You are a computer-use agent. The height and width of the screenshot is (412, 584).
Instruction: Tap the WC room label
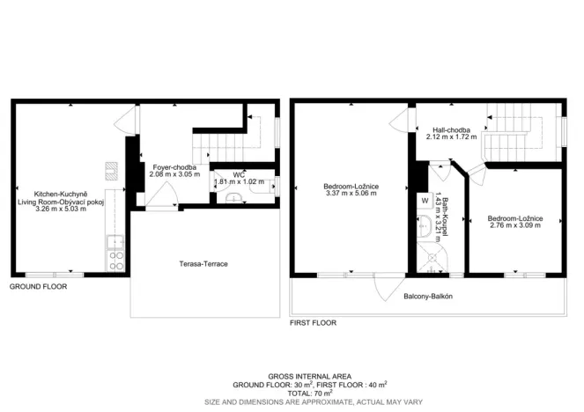tap(238, 174)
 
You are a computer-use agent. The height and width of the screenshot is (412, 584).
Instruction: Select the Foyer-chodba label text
tap(174, 167)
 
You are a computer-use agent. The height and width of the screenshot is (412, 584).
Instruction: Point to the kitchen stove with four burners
tap(115, 259)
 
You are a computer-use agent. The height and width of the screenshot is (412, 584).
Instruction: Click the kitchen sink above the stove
tap(112, 240)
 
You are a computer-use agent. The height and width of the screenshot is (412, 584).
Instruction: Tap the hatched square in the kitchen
tap(111, 170)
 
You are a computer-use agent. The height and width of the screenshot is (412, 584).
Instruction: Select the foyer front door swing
tap(160, 202)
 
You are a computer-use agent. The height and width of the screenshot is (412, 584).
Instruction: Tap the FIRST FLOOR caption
tap(314, 324)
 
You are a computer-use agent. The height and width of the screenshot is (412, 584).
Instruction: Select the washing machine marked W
tap(425, 200)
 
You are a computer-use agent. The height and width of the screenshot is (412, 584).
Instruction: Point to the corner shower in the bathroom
tap(431, 257)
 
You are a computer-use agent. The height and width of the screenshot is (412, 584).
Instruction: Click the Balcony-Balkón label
tap(428, 297)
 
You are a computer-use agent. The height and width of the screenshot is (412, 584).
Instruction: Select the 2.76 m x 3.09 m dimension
tap(515, 225)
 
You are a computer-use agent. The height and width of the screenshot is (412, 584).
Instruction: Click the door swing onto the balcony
tap(385, 287)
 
